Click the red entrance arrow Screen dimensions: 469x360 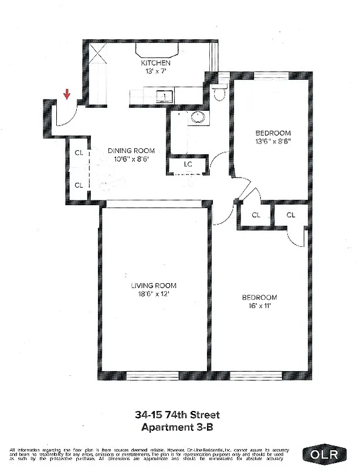(67, 94)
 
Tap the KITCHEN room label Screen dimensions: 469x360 (155, 63)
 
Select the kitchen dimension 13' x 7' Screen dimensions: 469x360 (155, 71)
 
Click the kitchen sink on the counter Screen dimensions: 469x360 (167, 96)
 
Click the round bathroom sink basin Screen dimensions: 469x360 (196, 117)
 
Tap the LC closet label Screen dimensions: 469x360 (188, 164)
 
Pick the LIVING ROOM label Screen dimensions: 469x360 (154, 286)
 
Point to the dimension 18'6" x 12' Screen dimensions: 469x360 (154, 294)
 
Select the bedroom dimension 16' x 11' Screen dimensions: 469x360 (259, 305)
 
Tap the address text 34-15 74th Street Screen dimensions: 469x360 (178, 416)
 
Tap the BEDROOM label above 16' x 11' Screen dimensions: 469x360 (259, 297)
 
